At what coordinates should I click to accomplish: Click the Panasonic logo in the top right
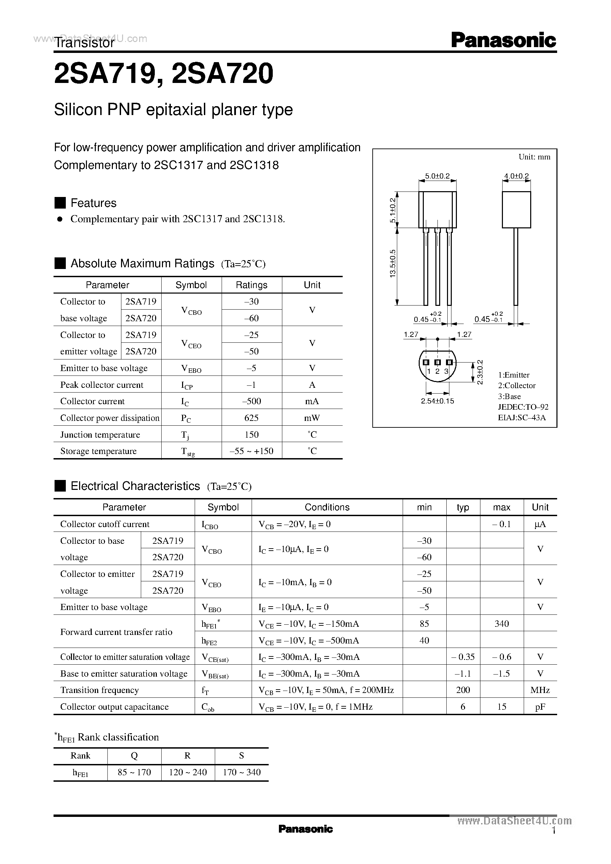click(x=503, y=40)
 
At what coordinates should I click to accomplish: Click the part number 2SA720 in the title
click(x=222, y=73)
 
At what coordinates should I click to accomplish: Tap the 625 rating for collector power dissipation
click(x=251, y=418)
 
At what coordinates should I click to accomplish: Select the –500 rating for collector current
click(x=251, y=401)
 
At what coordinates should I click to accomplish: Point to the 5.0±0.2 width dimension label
click(x=437, y=176)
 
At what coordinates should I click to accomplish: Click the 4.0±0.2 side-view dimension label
click(x=516, y=176)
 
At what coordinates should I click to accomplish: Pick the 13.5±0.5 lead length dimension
click(x=393, y=264)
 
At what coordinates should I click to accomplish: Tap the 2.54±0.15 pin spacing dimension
click(x=437, y=401)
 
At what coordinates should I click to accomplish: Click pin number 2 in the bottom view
click(x=437, y=371)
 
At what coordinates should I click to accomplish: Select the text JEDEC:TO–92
click(x=523, y=407)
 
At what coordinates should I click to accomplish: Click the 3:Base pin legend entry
click(x=509, y=396)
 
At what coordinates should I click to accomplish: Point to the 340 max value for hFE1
click(x=502, y=624)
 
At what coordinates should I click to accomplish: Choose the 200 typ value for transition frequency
click(x=463, y=690)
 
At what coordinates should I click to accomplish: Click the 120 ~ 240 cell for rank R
click(x=188, y=773)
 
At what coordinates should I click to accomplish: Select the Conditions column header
click(x=327, y=507)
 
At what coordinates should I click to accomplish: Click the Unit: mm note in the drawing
click(x=534, y=157)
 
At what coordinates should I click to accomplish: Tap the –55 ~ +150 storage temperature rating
click(x=251, y=451)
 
